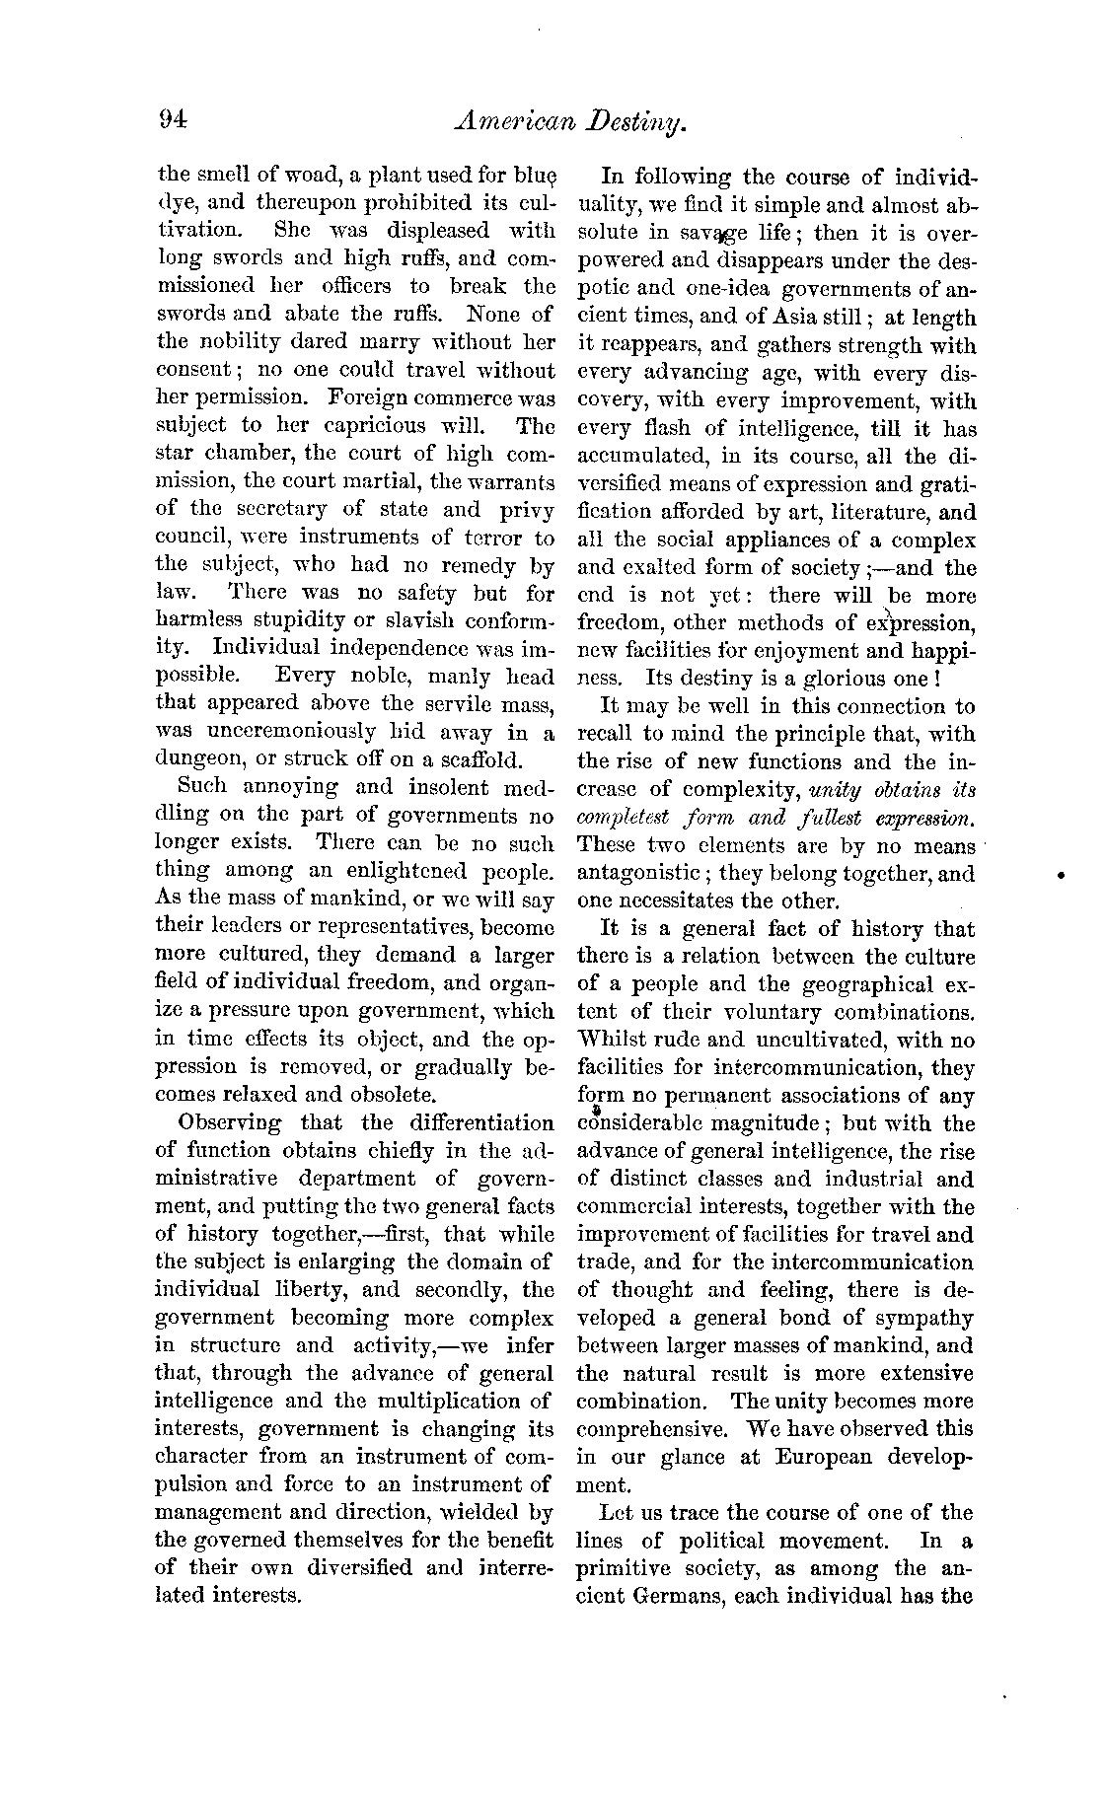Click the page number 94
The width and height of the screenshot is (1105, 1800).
pyautogui.click(x=172, y=120)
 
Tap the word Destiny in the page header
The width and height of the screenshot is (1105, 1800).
pyautogui.click(x=631, y=123)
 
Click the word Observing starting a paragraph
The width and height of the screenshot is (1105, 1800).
pyautogui.click(x=229, y=1122)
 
